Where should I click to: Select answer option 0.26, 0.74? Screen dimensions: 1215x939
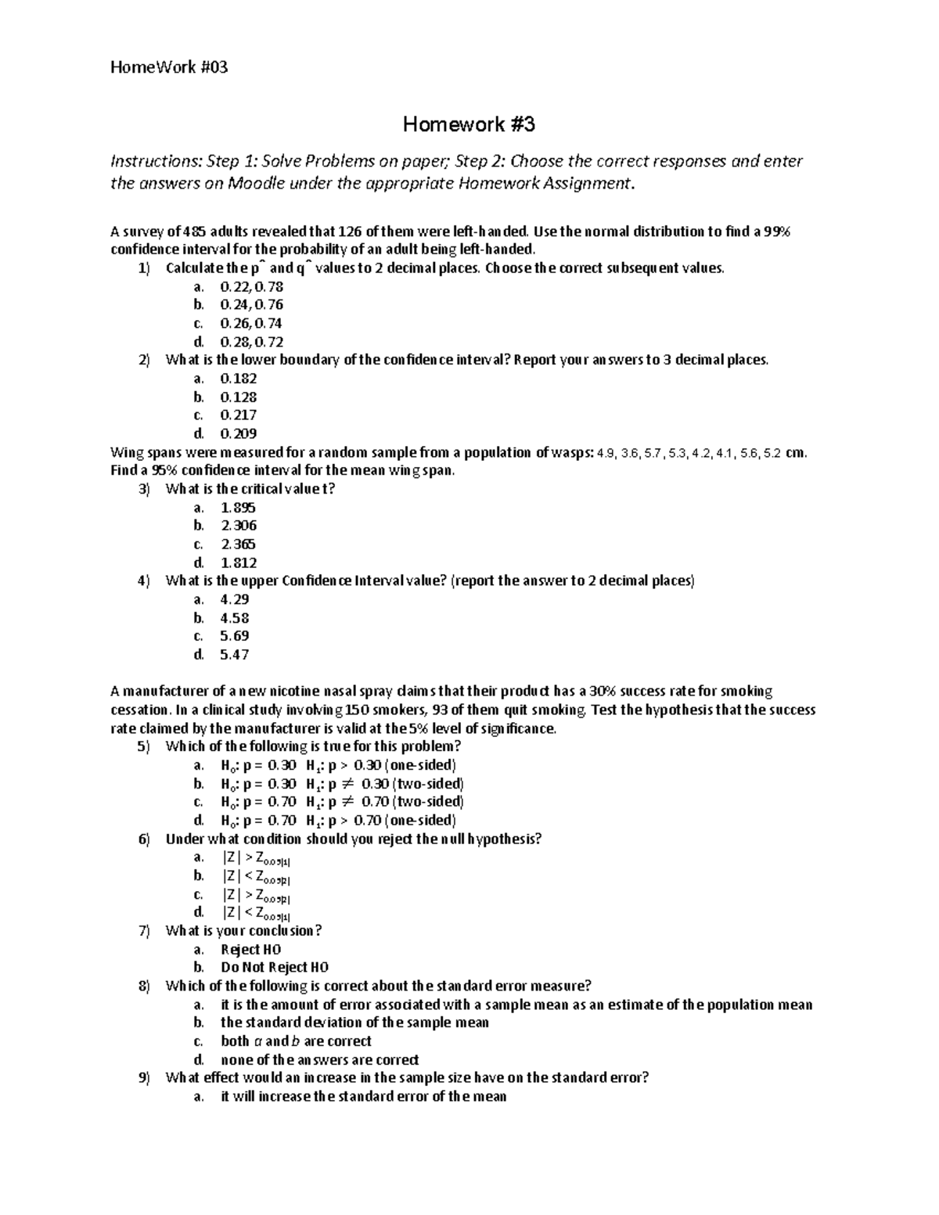[x=251, y=323]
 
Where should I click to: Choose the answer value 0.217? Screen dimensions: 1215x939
[x=239, y=415]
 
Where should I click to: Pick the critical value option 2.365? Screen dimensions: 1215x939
[x=239, y=544]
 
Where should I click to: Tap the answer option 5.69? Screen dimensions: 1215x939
[x=235, y=636]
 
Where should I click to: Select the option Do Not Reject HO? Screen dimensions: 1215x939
[x=275, y=967]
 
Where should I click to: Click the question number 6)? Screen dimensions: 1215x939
[x=143, y=839]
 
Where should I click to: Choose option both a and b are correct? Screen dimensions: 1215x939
[x=296, y=1041]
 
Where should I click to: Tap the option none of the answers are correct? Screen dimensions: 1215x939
[x=319, y=1060]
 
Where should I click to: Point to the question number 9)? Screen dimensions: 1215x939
[x=143, y=1077]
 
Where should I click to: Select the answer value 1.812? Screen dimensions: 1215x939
[x=239, y=563]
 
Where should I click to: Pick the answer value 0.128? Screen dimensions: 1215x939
[x=239, y=397]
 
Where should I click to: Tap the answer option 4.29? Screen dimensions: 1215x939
[x=235, y=599]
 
